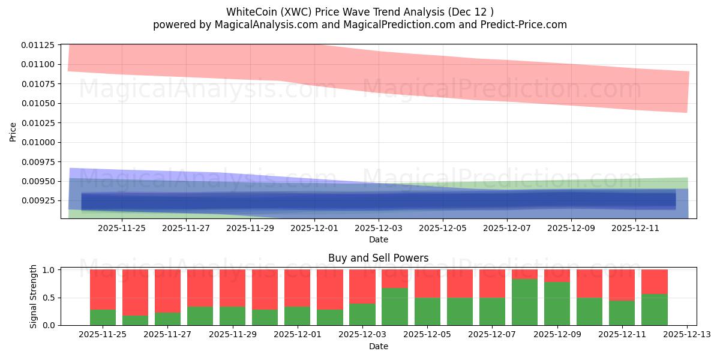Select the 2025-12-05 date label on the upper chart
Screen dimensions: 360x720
pos(442,228)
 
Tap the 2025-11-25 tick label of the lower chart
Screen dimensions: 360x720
pos(103,334)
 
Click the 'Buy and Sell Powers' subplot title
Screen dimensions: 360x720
pos(378,259)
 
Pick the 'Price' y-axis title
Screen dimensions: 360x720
pos(13,131)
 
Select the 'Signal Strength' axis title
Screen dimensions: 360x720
pos(34,296)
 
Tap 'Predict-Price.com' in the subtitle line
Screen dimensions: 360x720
pos(526,25)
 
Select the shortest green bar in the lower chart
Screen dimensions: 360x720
pos(135,320)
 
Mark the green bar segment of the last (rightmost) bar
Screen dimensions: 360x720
pos(654,309)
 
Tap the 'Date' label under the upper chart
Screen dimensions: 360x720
pos(378,239)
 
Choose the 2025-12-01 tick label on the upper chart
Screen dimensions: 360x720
pos(314,228)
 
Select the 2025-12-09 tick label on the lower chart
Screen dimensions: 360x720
pos(557,334)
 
